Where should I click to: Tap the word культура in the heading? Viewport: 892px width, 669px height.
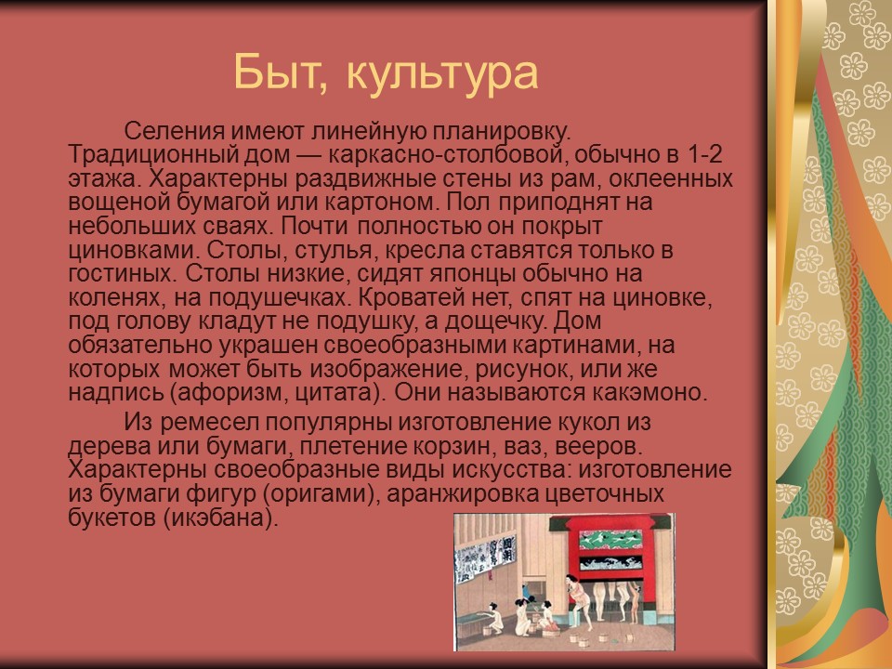click(x=442, y=73)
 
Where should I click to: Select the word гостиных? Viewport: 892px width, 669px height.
click(x=121, y=273)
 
